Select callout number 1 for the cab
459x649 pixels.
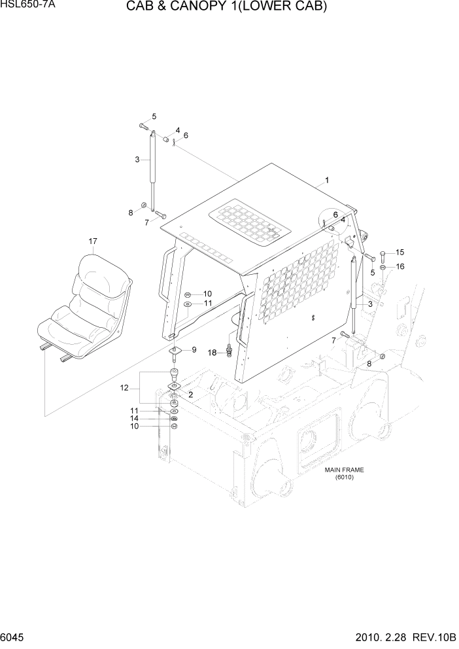point(327,180)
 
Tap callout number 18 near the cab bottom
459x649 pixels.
point(212,353)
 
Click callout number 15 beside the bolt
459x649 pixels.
point(400,253)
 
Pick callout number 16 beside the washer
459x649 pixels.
point(400,266)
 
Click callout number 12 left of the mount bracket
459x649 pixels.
point(124,389)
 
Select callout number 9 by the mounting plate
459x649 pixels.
point(194,350)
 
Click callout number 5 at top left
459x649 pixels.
point(154,116)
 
